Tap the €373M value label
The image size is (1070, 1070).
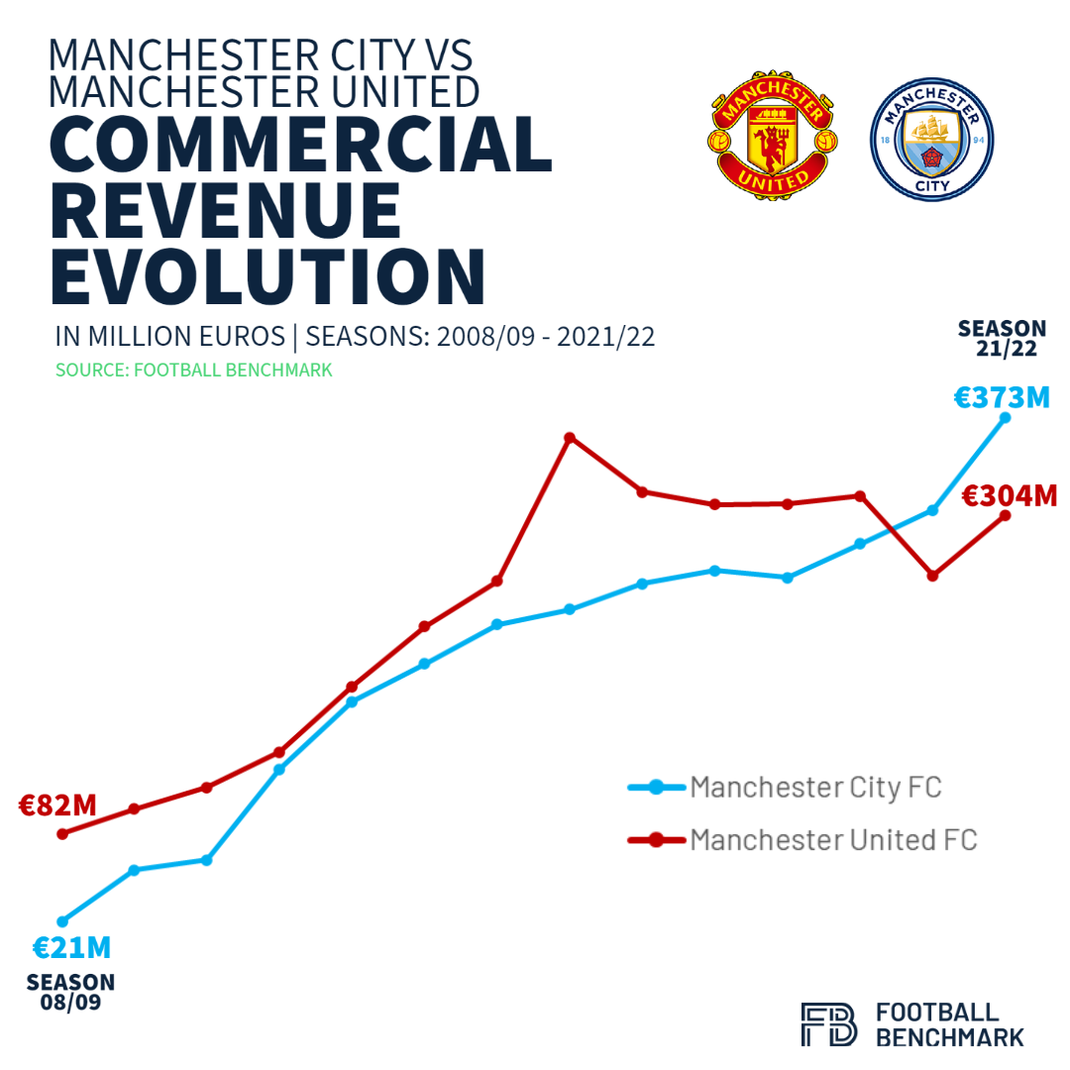coord(1001,398)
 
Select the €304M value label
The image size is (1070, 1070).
coord(1011,494)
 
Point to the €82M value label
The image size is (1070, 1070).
coord(57,804)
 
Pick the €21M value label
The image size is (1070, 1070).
coord(71,948)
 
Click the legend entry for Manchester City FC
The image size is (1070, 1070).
coord(814,788)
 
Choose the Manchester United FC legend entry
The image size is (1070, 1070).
coord(832,840)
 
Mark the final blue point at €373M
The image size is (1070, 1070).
coord(1006,418)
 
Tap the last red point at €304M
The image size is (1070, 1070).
coord(1006,515)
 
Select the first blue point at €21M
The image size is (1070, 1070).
coord(62,921)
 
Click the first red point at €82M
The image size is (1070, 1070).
coord(62,834)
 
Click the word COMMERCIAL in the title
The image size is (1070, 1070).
coord(300,147)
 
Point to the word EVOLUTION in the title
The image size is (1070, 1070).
coord(267,276)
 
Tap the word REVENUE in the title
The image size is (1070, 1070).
coord(226,212)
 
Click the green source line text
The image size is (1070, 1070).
coord(193,370)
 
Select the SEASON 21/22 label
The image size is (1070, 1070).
coord(1002,337)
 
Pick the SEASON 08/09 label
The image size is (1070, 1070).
coord(70,992)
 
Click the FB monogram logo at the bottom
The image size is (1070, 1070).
coord(828,1024)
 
